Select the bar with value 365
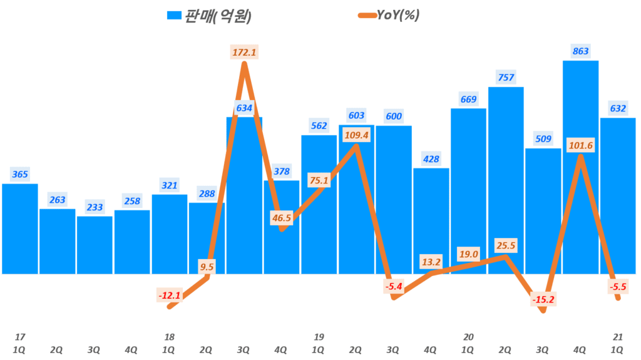click(20, 229)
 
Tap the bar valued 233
click(95, 245)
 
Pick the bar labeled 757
click(506, 182)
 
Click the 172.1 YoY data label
click(244, 53)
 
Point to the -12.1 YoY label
click(169, 294)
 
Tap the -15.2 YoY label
click(543, 300)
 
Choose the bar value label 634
click(244, 108)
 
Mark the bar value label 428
click(431, 159)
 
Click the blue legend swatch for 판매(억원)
click(174, 16)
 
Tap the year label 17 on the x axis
click(20, 337)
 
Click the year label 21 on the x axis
click(618, 337)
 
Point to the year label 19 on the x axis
click(319, 337)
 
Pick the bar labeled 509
click(543, 213)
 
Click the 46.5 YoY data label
click(281, 218)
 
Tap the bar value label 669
click(468, 100)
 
